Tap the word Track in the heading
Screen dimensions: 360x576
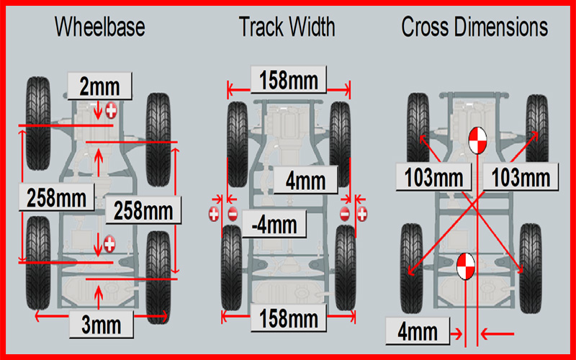coord(260,27)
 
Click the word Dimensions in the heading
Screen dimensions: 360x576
coord(505,27)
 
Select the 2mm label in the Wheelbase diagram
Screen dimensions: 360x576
coord(100,86)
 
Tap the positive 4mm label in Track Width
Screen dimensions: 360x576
coord(307,180)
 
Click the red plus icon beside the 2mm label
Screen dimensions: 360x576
coord(112,110)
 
